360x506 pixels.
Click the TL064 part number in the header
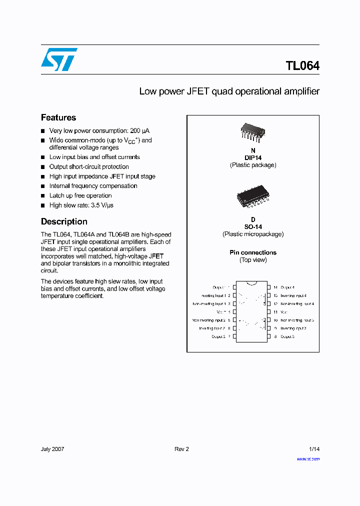(302, 66)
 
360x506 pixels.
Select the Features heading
(58, 117)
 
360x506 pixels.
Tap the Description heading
(64, 221)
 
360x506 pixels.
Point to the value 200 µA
(139, 130)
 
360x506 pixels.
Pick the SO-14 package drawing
(253, 197)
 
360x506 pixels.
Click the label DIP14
(253, 157)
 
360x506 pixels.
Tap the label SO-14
(253, 226)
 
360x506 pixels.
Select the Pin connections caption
(253, 252)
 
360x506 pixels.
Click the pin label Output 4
(287, 287)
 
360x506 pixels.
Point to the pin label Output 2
(218, 337)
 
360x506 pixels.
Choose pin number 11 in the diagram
(275, 312)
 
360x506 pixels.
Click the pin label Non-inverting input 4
(297, 304)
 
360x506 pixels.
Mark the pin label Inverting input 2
(212, 328)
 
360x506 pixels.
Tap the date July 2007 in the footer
(52, 449)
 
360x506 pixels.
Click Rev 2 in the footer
(181, 449)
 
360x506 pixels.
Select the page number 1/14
(314, 449)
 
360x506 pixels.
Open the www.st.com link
(308, 459)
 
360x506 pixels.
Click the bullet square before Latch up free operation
(43, 196)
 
